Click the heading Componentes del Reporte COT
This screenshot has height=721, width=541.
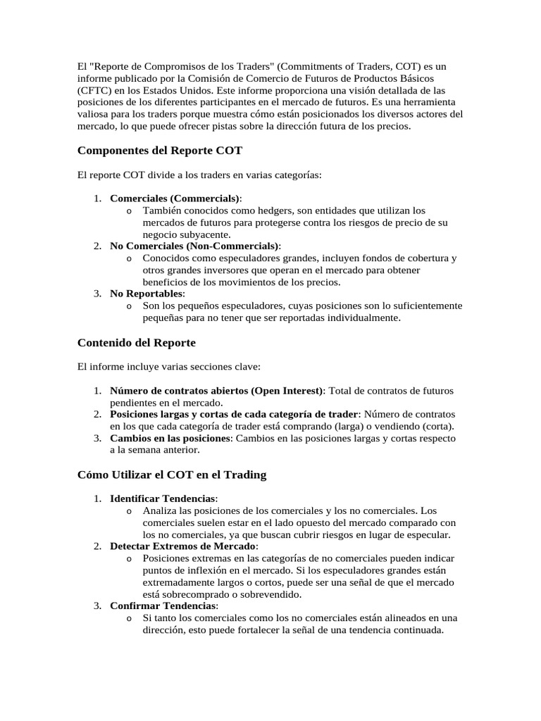pyautogui.click(x=160, y=151)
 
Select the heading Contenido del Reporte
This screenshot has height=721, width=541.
pyautogui.click(x=136, y=343)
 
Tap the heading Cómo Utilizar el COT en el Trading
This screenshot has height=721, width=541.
pyautogui.click(x=171, y=475)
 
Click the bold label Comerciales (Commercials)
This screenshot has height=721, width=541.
pyautogui.click(x=175, y=199)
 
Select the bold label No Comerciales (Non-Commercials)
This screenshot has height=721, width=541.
pyautogui.click(x=194, y=246)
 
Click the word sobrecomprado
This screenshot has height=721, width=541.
pyautogui.click(x=193, y=594)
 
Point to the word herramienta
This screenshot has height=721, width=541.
pyautogui.click(x=428, y=103)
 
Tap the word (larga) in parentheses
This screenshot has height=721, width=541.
pyautogui.click(x=349, y=426)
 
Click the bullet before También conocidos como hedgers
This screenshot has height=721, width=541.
pyautogui.click(x=129, y=211)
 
